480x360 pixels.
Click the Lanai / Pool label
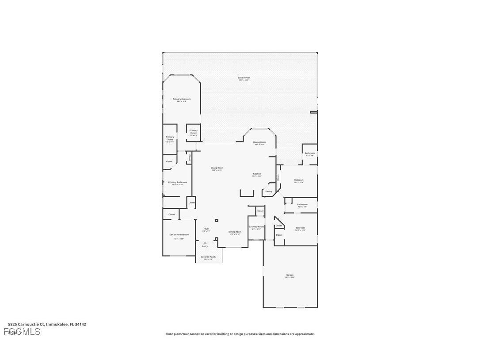[244, 77]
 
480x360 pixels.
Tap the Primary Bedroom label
[182, 99]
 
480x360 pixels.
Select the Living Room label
[217, 168]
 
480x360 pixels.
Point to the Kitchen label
[257, 174]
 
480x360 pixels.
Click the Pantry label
[269, 191]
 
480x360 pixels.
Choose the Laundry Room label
[256, 227]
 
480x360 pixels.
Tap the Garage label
[290, 275]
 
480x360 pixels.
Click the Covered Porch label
[208, 257]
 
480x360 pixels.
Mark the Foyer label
[206, 229]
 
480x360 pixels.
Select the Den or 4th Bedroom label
[179, 234]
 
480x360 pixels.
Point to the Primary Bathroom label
[178, 182]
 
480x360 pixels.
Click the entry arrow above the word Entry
[205, 242]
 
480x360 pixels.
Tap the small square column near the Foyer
[216, 220]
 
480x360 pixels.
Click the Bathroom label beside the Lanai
[310, 153]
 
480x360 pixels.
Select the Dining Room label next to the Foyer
[235, 232]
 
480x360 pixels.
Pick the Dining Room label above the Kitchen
[259, 142]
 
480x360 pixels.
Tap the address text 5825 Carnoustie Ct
[27, 324]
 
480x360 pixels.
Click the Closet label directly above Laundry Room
[260, 211]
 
